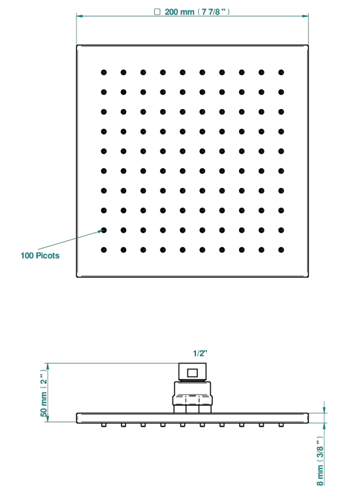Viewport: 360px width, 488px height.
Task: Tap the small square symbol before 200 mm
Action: pos(157,12)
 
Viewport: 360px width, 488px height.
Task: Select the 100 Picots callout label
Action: pos(40,255)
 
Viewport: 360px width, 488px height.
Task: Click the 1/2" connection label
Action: pos(200,353)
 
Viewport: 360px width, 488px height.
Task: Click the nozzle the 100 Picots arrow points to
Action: pos(104,231)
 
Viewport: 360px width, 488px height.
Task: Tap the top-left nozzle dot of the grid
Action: pos(104,73)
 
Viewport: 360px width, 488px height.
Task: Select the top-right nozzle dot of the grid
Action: pos(281,73)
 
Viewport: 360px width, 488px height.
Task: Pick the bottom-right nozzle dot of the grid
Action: pos(281,250)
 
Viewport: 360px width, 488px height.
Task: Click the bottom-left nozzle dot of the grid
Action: pos(104,250)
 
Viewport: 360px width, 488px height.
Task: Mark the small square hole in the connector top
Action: pos(192,372)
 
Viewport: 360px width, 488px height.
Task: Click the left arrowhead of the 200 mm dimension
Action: pos(80,16)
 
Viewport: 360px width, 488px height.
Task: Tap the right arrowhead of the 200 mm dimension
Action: pos(305,16)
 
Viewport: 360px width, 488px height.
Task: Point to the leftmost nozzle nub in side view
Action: pos(104,425)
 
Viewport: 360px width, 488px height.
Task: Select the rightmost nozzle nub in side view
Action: pos(281,425)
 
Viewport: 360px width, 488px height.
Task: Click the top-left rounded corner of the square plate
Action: pos(78,46)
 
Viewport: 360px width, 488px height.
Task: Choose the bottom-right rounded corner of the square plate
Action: pos(307,276)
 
